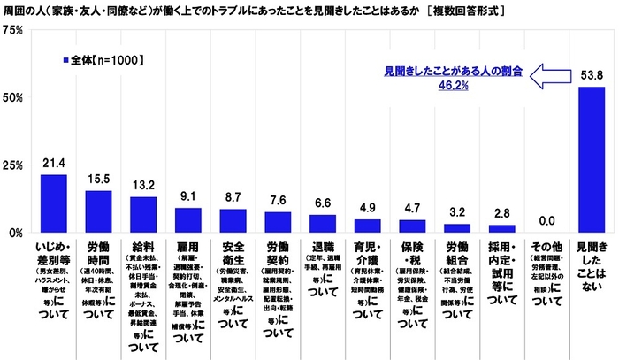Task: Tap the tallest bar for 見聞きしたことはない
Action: [591, 159]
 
